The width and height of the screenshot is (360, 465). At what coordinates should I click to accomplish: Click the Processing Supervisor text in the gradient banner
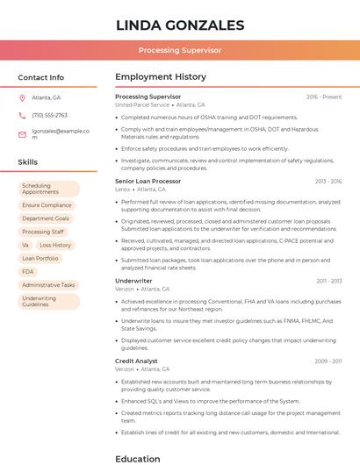pos(180,50)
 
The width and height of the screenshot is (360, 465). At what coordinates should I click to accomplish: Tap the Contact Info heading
pos(40,77)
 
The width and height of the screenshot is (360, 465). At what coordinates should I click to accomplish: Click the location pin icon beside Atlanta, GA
pos(22,97)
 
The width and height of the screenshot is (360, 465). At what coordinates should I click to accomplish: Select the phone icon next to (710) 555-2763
pos(22,115)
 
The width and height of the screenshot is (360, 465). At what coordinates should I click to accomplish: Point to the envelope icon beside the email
pos(22,134)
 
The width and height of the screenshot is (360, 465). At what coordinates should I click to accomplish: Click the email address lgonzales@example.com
pos(61,133)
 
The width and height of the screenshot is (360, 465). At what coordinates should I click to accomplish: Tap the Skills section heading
pos(27,162)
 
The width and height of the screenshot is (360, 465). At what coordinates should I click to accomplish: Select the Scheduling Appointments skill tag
pos(48,189)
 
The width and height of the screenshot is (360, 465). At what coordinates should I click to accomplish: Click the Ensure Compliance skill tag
pos(47,205)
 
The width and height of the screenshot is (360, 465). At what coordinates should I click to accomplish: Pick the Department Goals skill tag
pos(46,218)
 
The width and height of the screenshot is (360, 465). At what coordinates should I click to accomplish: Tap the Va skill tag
pos(25,245)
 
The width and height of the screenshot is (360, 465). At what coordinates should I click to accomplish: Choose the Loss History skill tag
pos(55,245)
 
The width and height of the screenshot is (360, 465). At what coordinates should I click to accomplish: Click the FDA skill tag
pos(28,272)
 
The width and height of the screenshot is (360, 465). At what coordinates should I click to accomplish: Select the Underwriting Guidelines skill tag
pos(48,301)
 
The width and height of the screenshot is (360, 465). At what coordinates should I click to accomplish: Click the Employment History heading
pos(160,77)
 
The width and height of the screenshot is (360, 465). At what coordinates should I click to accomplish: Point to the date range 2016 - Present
pos(324,97)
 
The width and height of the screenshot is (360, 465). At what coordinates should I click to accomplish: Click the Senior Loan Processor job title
pos(148,181)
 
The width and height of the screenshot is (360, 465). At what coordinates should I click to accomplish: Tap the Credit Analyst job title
pos(136,361)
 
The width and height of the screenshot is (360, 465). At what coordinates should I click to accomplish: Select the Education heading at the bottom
pos(138,458)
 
